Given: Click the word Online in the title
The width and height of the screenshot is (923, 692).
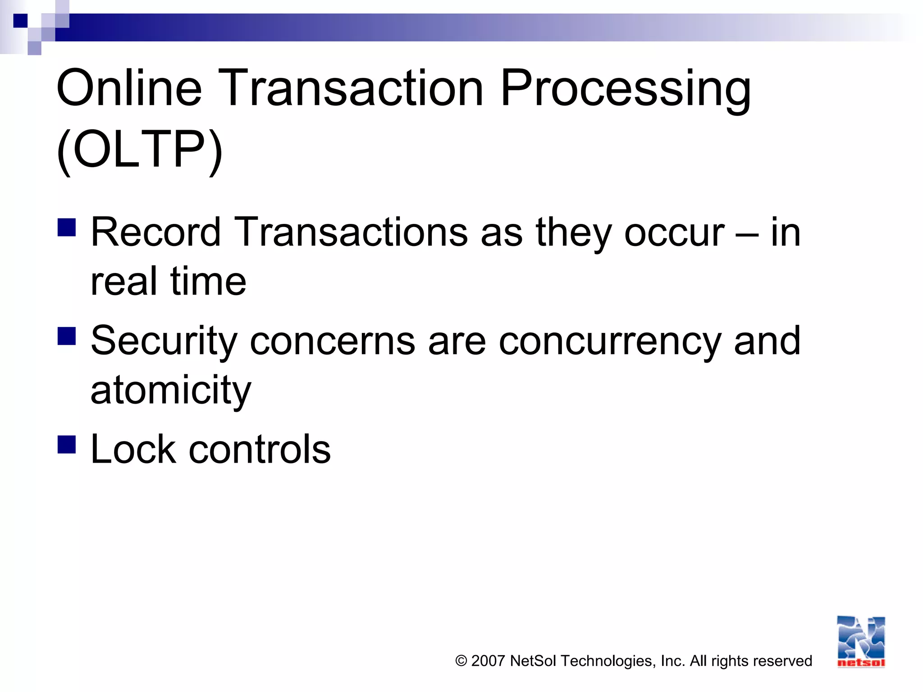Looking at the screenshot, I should [129, 88].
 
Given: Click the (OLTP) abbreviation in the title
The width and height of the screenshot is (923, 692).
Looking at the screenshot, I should [140, 150].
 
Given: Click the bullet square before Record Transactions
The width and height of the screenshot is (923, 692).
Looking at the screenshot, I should [67, 228].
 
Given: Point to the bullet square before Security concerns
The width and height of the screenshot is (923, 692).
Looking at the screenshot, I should [67, 336].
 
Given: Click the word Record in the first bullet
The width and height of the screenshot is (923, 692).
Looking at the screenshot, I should [156, 232].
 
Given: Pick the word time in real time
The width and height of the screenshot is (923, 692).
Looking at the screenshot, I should [208, 282].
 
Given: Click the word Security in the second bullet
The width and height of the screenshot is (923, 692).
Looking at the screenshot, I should [164, 341].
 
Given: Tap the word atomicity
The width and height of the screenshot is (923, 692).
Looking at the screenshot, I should [170, 390].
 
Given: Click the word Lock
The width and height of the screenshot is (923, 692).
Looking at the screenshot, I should [133, 450].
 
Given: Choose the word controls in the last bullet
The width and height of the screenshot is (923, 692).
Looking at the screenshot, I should [260, 450].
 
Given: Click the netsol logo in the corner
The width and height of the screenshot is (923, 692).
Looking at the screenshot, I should [861, 642].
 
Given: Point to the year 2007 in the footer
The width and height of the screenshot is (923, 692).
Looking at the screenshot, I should [488, 661].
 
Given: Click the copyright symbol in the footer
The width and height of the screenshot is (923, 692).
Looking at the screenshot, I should [461, 661].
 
